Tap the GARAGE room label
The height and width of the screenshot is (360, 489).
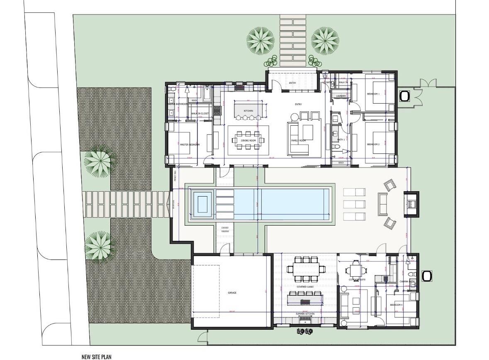(x=232, y=293)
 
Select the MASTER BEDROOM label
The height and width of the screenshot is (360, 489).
(x=190, y=145)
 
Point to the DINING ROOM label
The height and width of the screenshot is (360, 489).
(x=248, y=141)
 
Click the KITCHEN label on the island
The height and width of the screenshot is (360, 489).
(x=248, y=111)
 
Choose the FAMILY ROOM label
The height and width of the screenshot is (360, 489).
(x=298, y=141)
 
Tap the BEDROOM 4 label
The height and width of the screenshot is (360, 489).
(x=396, y=305)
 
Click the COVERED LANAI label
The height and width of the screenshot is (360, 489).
(x=304, y=287)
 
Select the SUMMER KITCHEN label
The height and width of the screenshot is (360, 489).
(x=305, y=314)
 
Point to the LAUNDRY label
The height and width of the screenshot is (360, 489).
(x=341, y=96)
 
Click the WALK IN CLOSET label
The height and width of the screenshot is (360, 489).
(x=199, y=113)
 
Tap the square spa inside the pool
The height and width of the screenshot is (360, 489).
(x=202, y=204)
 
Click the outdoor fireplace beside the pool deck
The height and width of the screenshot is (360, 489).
(x=411, y=204)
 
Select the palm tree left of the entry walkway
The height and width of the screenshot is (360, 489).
(x=260, y=41)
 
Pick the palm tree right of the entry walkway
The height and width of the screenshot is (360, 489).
(x=325, y=41)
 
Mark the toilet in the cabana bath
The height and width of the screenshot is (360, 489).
(x=411, y=275)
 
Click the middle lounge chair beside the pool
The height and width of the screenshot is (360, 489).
(x=354, y=204)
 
